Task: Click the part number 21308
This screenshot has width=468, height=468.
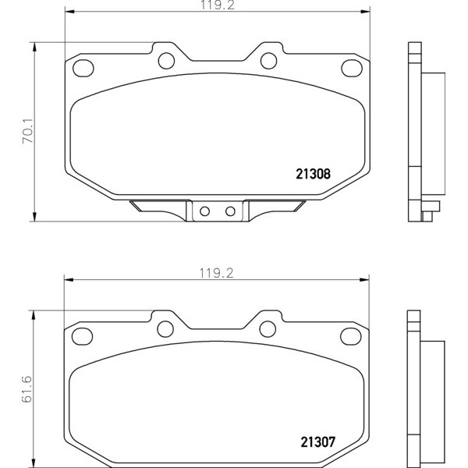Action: click(x=315, y=175)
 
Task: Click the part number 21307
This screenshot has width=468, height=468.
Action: click(x=315, y=441)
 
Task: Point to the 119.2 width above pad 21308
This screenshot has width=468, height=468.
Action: click(x=217, y=5)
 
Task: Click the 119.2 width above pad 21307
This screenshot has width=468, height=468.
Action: click(x=217, y=272)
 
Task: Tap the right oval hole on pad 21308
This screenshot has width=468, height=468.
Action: click(x=355, y=69)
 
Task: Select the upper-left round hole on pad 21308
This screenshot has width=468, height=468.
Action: click(x=166, y=60)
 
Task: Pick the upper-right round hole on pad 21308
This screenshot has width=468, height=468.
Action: click(x=267, y=60)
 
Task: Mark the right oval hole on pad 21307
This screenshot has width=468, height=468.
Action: click(x=355, y=336)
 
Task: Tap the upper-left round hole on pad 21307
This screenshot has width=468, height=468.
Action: click(x=166, y=328)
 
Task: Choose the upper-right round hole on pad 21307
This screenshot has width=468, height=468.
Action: click(x=267, y=328)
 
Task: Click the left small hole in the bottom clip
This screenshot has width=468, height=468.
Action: click(x=205, y=211)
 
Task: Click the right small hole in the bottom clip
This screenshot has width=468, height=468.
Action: click(x=229, y=211)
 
